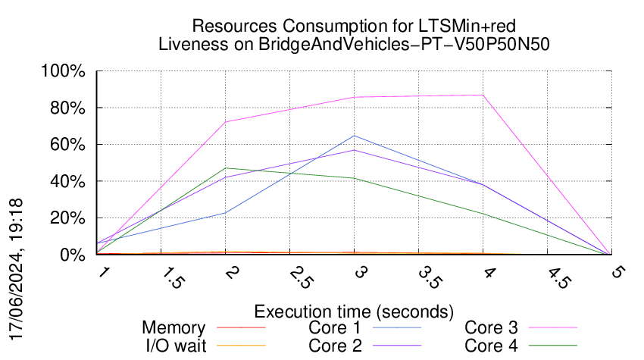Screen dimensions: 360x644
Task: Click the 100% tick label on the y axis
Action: pos(66,71)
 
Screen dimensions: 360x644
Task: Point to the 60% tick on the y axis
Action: pos(69,145)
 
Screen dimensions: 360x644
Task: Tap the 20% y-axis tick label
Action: pos(69,218)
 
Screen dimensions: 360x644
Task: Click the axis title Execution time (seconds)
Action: pos(354,311)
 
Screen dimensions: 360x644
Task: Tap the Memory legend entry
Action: pos(174,328)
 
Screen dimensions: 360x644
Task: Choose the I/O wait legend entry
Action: pos(174,345)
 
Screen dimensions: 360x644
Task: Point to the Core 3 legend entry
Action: pos(491,328)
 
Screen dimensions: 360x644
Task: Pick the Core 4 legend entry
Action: pos(491,345)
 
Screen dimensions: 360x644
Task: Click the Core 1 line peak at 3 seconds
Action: pos(354,136)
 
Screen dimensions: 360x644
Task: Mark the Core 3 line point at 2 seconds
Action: pos(225,122)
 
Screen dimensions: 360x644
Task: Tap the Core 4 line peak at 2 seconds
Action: pos(225,168)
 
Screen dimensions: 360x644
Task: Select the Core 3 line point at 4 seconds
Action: pos(483,95)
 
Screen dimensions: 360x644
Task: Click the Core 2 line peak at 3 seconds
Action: pos(354,150)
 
